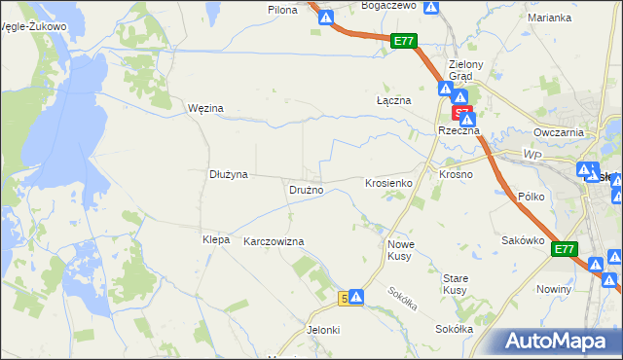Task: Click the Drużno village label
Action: pyautogui.click(x=306, y=190)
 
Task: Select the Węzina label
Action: pyautogui.click(x=205, y=108)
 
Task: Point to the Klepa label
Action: pyautogui.click(x=215, y=239)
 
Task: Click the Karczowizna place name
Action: pyautogui.click(x=274, y=241)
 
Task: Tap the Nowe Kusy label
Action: pyautogui.click(x=401, y=250)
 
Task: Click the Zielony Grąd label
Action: pyautogui.click(x=459, y=71)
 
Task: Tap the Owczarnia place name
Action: pyautogui.click(x=558, y=132)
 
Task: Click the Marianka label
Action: pyautogui.click(x=549, y=18)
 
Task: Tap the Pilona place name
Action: pyautogui.click(x=282, y=9)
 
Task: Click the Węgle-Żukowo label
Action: pyautogui.click(x=34, y=26)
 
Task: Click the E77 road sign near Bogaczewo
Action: pyautogui.click(x=405, y=41)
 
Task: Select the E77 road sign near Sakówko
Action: pyautogui.click(x=565, y=250)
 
